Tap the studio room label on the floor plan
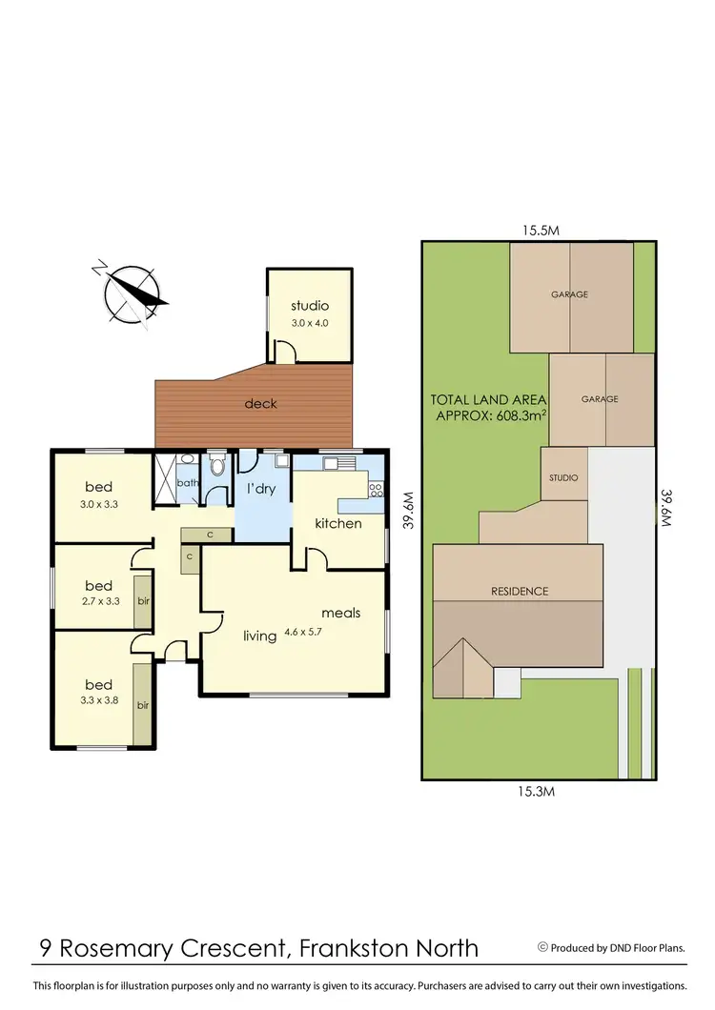tap(310, 306)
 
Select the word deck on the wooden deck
tap(260, 403)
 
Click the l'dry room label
tap(261, 489)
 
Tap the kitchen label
tap(338, 523)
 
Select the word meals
tap(340, 613)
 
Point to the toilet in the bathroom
tap(216, 466)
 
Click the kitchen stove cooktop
tap(376, 490)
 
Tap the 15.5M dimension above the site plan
tap(539, 230)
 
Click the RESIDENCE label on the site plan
tap(520, 591)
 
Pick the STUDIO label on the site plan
tap(564, 478)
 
